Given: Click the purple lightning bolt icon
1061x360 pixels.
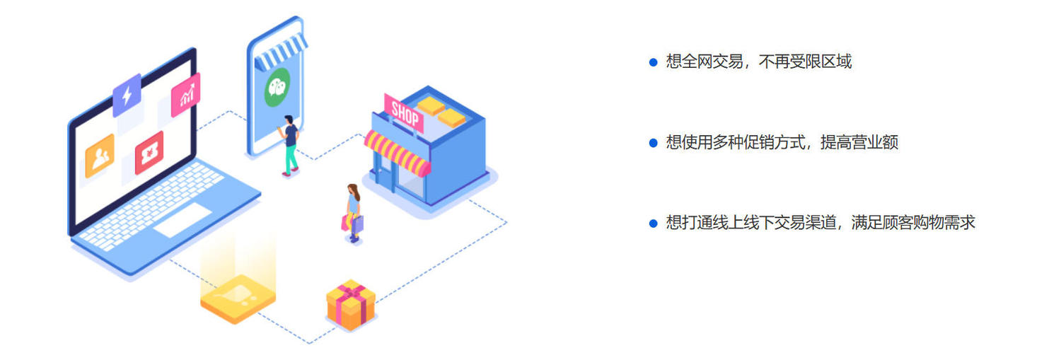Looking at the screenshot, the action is coord(127,95).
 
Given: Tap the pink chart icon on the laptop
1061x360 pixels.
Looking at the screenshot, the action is coord(185,94).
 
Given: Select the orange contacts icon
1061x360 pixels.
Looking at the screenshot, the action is coord(100,156).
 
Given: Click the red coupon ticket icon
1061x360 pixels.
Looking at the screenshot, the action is coord(149,153).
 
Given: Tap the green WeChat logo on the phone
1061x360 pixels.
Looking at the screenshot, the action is coord(277,87).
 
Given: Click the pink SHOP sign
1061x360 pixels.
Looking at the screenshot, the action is coord(404,113).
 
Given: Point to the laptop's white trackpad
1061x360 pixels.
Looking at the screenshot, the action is coord(182,220).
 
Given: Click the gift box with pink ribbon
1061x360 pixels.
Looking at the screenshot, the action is coord(351,305).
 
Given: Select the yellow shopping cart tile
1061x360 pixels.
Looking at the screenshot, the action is coord(238,299).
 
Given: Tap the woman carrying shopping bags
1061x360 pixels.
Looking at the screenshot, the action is coord(354,213).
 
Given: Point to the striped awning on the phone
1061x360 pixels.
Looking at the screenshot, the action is coord(281,53).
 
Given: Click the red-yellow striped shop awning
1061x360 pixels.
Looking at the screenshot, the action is coord(398,153).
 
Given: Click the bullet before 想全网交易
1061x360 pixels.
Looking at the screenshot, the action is coord(653,62).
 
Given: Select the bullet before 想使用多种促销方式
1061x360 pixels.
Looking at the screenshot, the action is coord(653,143).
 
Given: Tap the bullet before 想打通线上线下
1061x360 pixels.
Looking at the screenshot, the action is coord(653,223).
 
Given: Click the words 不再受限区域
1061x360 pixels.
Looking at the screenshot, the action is coord(805,62).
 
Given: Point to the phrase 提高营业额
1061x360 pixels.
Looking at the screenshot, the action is coord(859,142).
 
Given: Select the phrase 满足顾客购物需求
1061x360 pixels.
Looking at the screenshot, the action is coord(913,223).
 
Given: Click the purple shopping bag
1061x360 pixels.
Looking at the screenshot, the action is coord(358,224).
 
